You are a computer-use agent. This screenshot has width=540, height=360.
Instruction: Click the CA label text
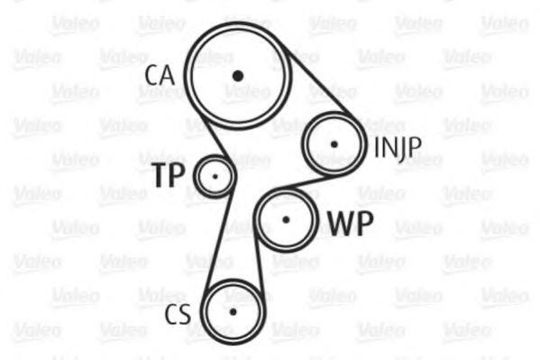(160, 76)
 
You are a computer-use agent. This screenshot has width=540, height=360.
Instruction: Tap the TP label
(169, 175)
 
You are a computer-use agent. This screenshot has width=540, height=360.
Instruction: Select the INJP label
(398, 148)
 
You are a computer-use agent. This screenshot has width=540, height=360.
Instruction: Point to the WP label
(351, 223)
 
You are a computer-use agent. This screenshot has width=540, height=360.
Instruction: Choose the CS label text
(178, 314)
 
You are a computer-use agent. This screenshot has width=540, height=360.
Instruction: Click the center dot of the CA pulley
(238, 76)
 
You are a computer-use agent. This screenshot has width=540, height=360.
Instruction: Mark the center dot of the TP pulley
(215, 177)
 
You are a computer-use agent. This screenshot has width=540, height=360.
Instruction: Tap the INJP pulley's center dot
(334, 144)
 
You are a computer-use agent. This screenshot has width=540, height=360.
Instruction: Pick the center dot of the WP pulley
(286, 219)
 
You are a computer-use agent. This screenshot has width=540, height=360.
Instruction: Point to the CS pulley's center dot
(233, 312)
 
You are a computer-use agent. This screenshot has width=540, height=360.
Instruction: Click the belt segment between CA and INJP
(317, 80)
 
